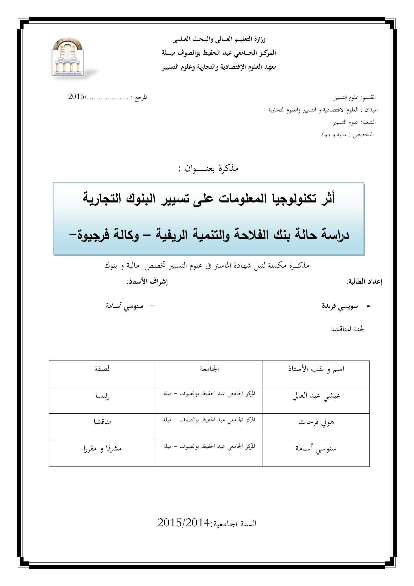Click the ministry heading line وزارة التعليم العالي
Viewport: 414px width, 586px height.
click(x=219, y=40)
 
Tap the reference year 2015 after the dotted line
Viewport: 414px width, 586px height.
click(x=77, y=97)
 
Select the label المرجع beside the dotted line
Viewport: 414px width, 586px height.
click(x=141, y=97)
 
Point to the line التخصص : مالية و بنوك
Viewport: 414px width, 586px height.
click(x=347, y=135)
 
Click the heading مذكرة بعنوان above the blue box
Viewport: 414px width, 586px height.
click(x=208, y=169)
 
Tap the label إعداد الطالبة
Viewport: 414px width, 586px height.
click(x=364, y=282)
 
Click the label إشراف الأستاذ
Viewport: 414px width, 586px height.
click(x=147, y=282)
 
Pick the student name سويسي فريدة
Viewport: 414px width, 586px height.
click(x=340, y=306)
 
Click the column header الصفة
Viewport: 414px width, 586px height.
click(x=102, y=369)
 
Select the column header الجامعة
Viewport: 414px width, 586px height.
click(x=209, y=369)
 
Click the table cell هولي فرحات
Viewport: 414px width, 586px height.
click(x=316, y=423)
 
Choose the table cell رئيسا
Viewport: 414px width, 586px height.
click(x=102, y=397)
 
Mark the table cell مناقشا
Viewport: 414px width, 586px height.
click(x=102, y=422)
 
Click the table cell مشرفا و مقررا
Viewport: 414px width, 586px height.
click(x=102, y=449)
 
